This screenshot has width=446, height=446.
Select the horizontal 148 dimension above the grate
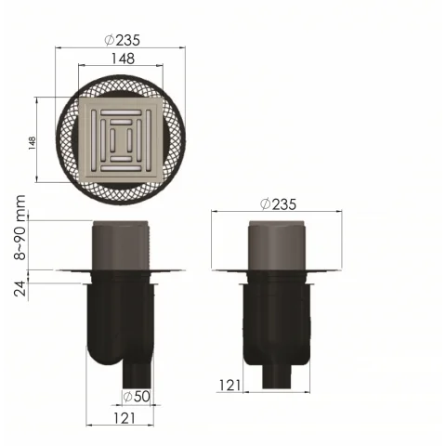[x=122, y=58]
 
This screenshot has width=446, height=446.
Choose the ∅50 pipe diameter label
[x=138, y=397]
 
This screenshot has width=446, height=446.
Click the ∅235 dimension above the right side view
[x=278, y=203]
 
